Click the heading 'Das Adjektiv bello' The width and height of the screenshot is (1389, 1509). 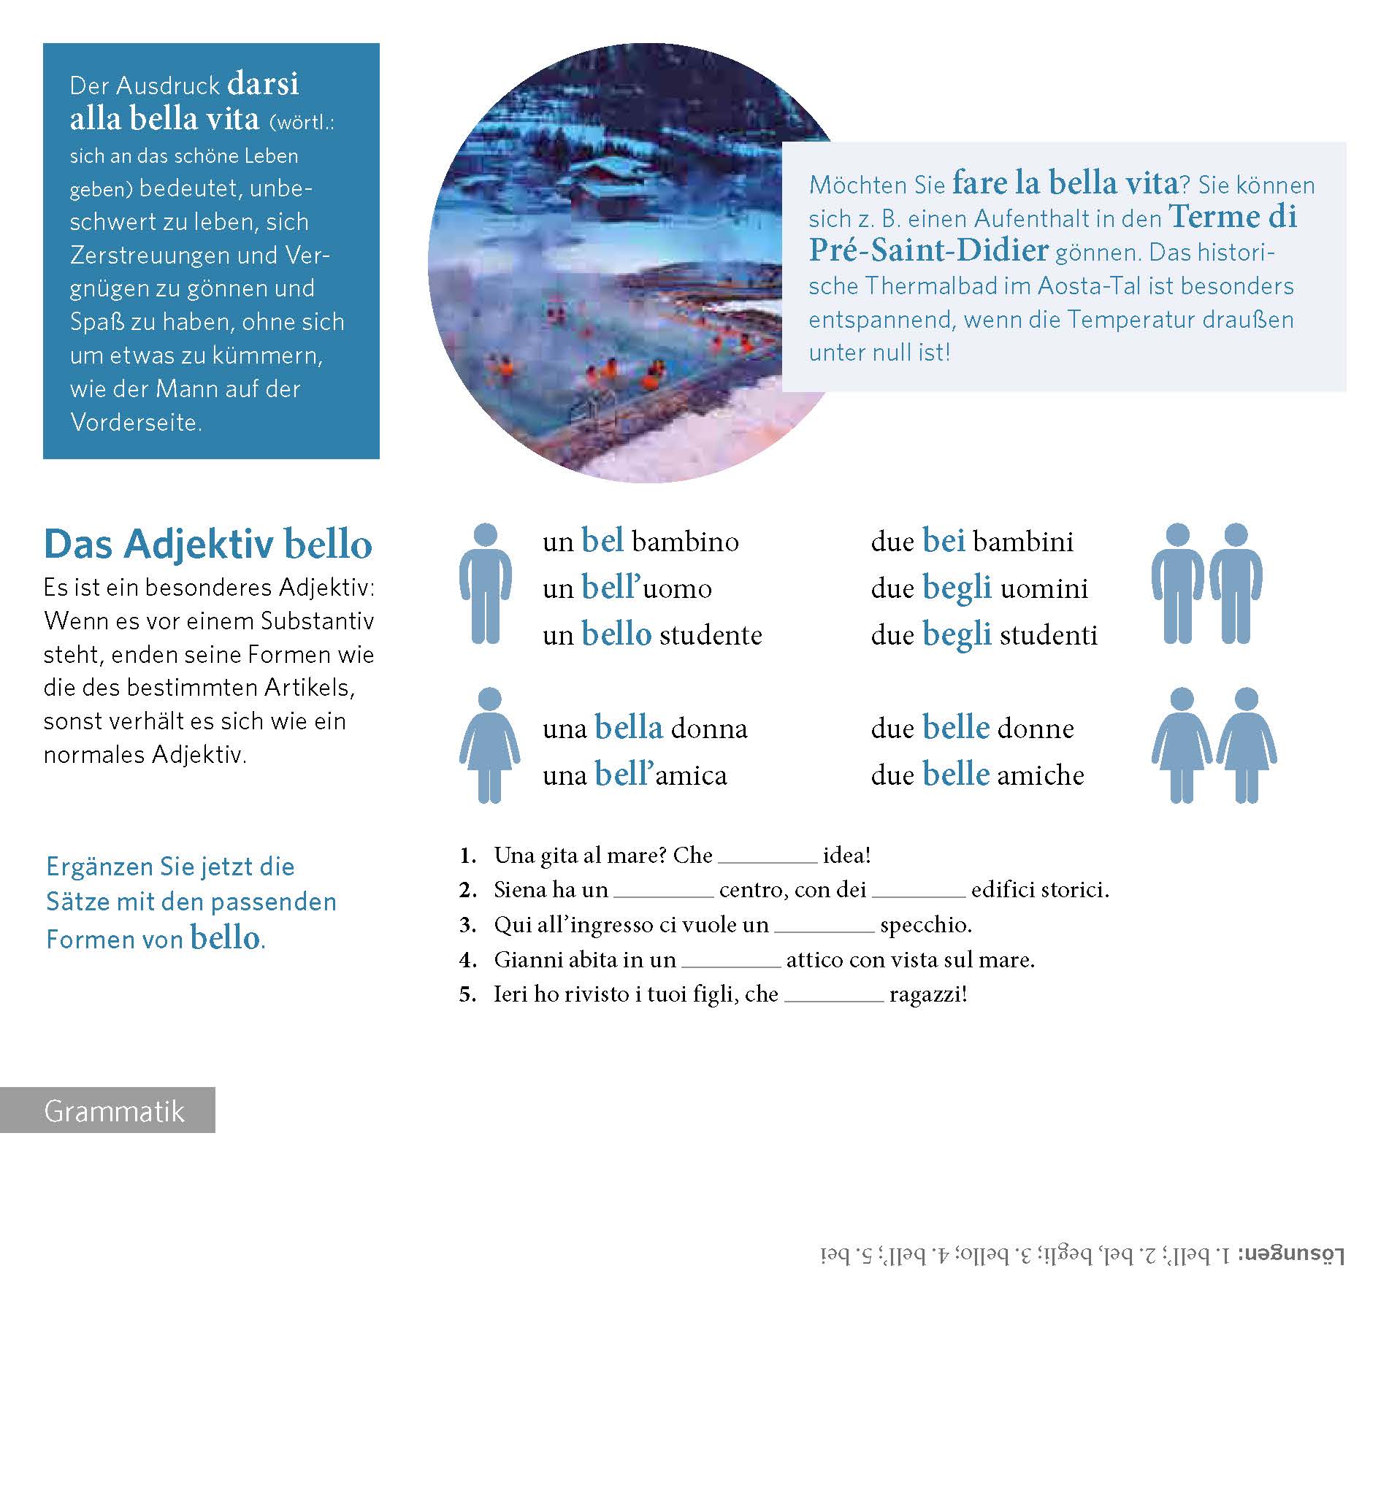click(207, 544)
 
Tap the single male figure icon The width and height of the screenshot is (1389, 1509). click(486, 583)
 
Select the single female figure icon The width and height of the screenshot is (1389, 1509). click(489, 745)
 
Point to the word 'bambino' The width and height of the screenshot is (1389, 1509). click(685, 542)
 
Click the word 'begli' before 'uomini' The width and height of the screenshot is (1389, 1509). click(957, 588)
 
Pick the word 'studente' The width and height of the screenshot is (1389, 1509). click(711, 635)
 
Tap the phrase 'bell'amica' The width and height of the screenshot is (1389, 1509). click(661, 775)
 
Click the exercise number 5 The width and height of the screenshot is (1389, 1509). click(467, 995)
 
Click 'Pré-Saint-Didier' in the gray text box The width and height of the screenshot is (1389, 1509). click(928, 250)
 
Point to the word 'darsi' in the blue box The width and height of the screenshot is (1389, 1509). click(262, 83)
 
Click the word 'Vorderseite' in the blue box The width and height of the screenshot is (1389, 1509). click(135, 423)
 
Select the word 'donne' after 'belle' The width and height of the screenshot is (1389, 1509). click(1035, 728)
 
